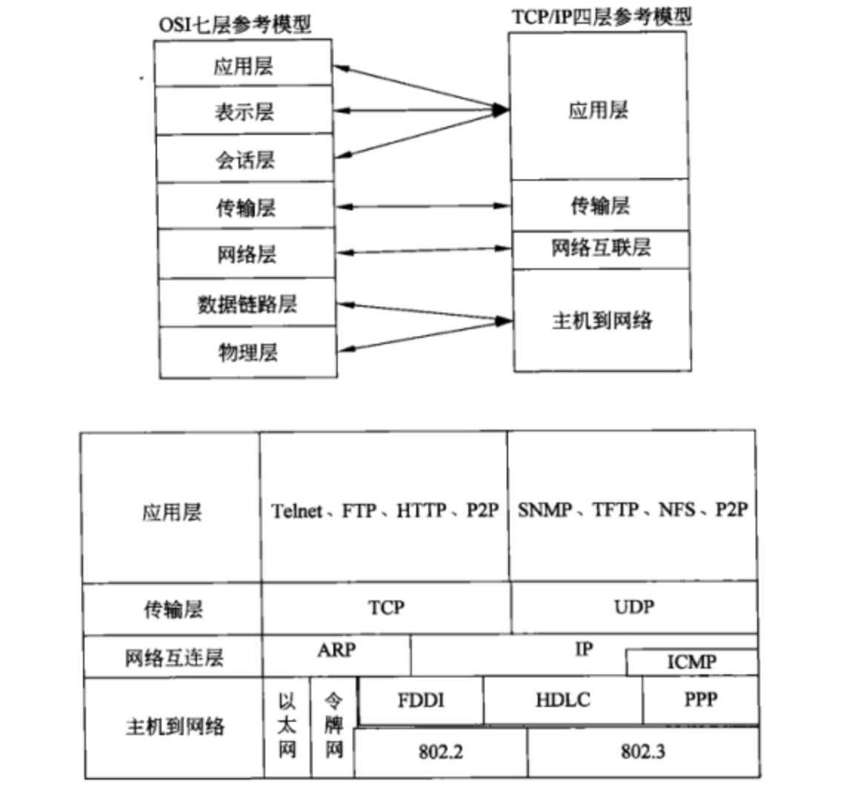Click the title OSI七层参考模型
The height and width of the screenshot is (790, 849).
(x=234, y=24)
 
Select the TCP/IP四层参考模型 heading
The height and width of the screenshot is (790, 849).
(x=601, y=16)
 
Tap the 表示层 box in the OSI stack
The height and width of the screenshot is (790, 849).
(x=244, y=111)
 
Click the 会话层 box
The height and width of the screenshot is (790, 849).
(x=245, y=159)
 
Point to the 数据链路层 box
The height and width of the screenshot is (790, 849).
(x=247, y=303)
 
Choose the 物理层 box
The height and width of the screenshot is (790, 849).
(x=247, y=351)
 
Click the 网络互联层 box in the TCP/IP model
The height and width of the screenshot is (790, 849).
(x=600, y=248)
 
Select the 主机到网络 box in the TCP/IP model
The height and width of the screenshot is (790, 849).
(x=602, y=320)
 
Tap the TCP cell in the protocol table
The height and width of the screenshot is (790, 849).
(x=386, y=608)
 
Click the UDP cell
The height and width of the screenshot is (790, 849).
(x=634, y=608)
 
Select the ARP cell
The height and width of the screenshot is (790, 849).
(x=336, y=651)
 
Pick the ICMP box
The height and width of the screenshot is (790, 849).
(x=692, y=662)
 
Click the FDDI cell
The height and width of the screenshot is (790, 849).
(x=420, y=700)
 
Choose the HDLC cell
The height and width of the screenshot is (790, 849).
(x=562, y=700)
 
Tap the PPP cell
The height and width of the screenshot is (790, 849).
(x=700, y=700)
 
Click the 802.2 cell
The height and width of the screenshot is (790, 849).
(x=441, y=752)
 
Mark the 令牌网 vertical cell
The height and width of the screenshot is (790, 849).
(x=333, y=726)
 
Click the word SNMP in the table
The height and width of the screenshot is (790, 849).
(x=545, y=510)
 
